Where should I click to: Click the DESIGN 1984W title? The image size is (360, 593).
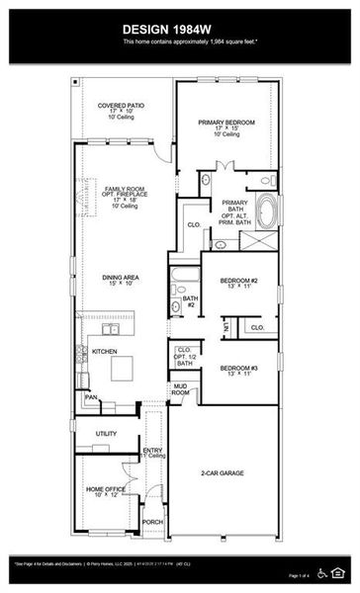(179, 30)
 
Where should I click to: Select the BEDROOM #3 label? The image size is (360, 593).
(239, 369)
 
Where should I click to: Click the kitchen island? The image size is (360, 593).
(123, 368)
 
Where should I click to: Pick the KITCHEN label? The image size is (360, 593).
(104, 351)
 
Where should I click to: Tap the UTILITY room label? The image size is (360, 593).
(106, 433)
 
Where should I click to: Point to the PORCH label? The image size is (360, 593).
(152, 521)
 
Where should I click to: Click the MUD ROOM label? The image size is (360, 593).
(180, 389)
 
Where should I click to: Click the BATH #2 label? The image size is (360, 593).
(190, 299)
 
